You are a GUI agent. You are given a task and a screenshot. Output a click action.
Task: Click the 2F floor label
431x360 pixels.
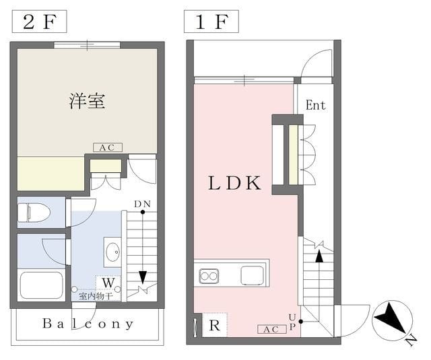[39, 22]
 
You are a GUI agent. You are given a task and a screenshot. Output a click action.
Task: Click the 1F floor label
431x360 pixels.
[211, 22]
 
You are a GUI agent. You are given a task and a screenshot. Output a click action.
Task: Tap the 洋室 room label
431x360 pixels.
[87, 101]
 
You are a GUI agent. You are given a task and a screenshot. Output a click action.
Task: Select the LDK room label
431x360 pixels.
[234, 183]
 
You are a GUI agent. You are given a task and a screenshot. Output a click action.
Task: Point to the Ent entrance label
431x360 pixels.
[316, 105]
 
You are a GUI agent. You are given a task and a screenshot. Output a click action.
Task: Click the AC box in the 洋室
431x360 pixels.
[108, 147]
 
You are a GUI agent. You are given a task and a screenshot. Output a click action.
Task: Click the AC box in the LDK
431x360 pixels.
[271, 329]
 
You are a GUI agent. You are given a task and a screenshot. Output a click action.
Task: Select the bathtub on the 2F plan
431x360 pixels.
[41, 285]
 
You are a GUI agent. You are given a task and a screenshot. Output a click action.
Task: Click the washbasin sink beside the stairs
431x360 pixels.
[112, 252]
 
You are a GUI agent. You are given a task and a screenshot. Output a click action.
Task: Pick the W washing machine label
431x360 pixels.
[108, 283]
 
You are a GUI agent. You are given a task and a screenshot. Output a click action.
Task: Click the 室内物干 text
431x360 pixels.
[96, 296]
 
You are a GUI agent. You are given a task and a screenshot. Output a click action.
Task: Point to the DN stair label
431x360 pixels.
[142, 204]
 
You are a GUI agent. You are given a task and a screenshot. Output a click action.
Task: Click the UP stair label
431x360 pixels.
[292, 322]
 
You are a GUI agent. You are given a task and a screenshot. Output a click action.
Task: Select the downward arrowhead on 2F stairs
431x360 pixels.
[143, 277]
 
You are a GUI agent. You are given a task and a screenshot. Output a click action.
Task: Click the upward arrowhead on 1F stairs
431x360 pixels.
[319, 256]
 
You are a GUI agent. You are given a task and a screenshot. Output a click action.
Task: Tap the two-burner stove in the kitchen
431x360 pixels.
[209, 276]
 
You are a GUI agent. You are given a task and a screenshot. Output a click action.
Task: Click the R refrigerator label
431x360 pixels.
[214, 326]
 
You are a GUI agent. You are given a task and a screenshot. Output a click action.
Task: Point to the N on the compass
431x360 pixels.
[411, 341]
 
